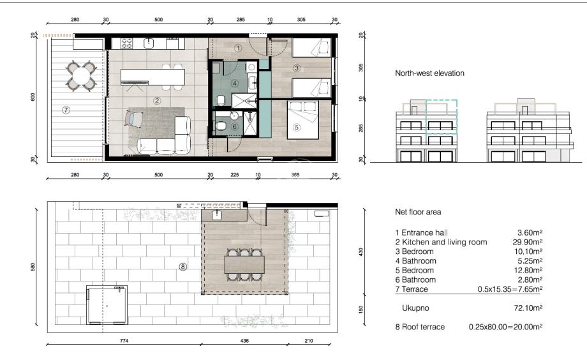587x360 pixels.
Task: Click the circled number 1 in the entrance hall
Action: (238, 48)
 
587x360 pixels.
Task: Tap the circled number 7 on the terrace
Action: (66, 110)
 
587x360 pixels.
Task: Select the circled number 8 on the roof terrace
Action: (182, 267)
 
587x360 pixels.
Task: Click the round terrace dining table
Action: (81, 76)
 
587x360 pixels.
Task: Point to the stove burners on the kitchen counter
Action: (127, 43)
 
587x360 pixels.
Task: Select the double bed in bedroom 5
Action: (303, 120)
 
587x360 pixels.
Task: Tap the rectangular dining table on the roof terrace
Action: (244, 265)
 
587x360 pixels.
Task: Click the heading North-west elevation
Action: (429, 73)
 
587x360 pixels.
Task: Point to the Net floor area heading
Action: (418, 212)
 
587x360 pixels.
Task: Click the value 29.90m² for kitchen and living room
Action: (528, 242)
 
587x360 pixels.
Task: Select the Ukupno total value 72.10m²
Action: (528, 308)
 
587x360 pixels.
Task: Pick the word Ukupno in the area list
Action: (415, 308)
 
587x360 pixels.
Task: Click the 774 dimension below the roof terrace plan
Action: (124, 340)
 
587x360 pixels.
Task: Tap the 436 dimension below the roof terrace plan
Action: (244, 340)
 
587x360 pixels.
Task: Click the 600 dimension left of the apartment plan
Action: (33, 97)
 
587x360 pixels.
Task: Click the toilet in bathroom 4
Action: (221, 100)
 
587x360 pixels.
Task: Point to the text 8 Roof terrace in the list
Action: (420, 327)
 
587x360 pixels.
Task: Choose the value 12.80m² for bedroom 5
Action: (528, 270)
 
